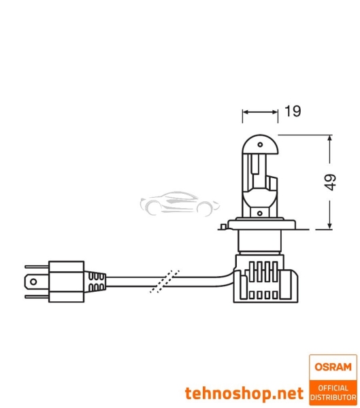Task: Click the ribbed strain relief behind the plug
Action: [x=96, y=280]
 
